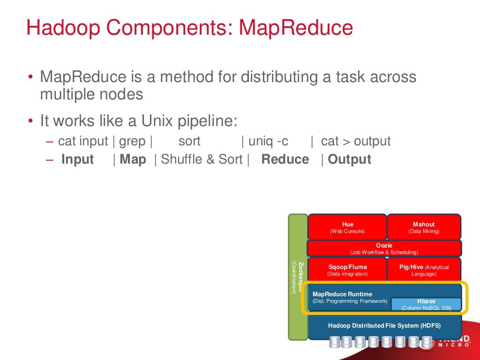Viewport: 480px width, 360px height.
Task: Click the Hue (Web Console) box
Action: [x=347, y=227]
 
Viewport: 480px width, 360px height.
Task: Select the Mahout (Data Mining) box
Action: [x=424, y=227]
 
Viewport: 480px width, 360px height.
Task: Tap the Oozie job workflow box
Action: [x=384, y=248]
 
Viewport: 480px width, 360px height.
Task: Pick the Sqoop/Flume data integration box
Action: [x=347, y=270]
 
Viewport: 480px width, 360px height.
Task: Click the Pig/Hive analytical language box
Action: [x=424, y=270]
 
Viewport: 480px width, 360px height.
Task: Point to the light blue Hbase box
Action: [x=426, y=304]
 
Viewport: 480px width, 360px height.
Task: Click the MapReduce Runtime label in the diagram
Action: [x=342, y=294]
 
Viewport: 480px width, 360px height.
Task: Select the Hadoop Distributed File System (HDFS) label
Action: [x=384, y=325]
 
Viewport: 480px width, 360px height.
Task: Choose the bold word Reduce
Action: [x=285, y=159]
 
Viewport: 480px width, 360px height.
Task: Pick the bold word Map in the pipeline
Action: [x=133, y=159]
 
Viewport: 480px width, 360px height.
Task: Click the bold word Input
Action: [x=78, y=159]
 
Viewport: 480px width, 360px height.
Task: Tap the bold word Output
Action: [x=349, y=159]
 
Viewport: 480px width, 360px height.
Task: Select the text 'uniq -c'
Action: [x=268, y=141]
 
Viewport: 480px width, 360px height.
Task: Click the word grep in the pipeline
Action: [x=132, y=141]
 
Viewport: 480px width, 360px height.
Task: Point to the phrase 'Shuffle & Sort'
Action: [x=202, y=159]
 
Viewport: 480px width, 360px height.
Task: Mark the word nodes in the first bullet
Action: [x=122, y=94]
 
